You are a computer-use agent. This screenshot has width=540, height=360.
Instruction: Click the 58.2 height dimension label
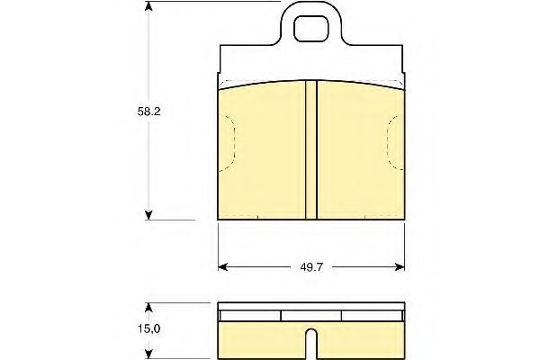148,112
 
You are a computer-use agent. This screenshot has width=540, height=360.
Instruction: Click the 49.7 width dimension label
311,267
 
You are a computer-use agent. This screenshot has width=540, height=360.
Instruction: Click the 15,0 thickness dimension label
149,329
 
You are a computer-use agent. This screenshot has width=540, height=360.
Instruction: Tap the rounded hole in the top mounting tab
311,29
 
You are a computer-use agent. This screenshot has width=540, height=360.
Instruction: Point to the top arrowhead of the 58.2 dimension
148,6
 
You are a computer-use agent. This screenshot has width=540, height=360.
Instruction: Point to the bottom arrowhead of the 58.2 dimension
148,215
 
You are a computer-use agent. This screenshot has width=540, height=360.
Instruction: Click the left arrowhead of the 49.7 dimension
223,267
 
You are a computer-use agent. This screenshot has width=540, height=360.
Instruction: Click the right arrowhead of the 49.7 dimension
400,267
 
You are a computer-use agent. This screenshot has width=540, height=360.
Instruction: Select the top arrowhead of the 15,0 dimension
148,307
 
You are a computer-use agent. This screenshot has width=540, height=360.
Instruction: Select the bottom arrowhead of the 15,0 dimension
148,354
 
